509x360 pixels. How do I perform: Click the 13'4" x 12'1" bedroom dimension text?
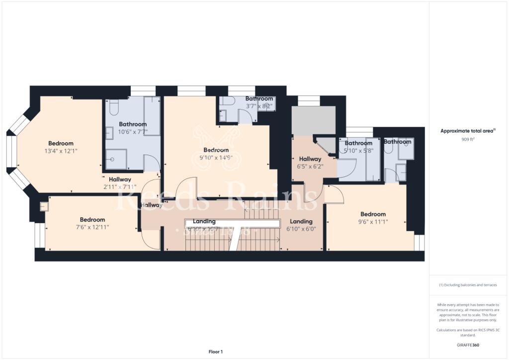[x=61, y=151]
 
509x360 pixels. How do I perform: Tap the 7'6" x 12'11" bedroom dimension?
[x=92, y=227]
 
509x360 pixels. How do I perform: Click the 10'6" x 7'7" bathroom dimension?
[x=133, y=131]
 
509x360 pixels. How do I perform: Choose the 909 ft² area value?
[x=468, y=140]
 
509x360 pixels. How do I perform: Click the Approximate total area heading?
[x=468, y=131]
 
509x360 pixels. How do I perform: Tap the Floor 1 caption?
[x=215, y=352]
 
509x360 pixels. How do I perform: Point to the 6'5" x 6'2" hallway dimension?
[x=310, y=167]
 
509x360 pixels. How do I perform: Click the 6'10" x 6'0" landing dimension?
[x=301, y=229]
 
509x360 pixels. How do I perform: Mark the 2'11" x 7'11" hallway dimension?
[x=120, y=187]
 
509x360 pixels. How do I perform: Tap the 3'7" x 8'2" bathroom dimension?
[x=259, y=106]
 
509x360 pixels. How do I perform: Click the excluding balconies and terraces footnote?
[x=468, y=285]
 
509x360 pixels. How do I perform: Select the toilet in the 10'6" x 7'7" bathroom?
[x=113, y=108]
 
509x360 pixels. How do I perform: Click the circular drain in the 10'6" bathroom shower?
[x=113, y=160]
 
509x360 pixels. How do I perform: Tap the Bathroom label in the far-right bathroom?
[x=397, y=142]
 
